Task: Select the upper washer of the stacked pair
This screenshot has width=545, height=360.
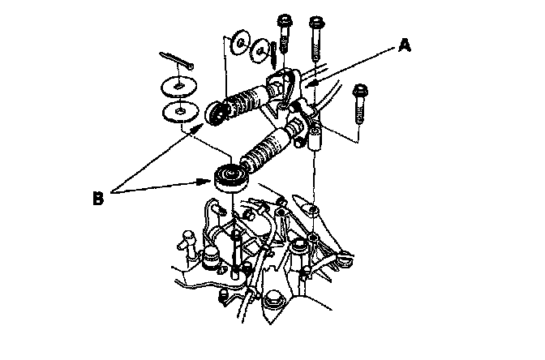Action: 180,85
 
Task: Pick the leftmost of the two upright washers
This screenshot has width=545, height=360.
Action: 240,42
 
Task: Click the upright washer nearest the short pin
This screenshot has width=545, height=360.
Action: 260,51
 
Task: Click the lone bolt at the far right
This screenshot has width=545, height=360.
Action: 359,103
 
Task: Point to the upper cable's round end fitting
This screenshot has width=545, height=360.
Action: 217,114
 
